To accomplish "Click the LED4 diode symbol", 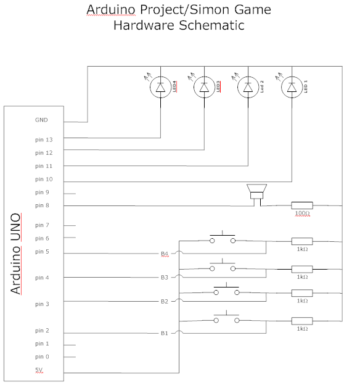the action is (x=160, y=87).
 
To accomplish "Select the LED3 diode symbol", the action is (x=204, y=87).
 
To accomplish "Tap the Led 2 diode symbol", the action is (x=248, y=87).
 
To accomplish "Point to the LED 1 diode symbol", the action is (x=292, y=87).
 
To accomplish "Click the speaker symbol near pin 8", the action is (x=256, y=192).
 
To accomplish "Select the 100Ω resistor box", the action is (x=302, y=205).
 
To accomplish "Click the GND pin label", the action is (x=41, y=120).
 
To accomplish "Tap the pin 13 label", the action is (x=44, y=139).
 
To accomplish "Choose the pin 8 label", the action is (x=42, y=205).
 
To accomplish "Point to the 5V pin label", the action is (x=39, y=370).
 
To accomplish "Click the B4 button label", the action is (x=165, y=254).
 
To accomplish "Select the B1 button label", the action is (x=165, y=333).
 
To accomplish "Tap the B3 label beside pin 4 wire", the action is (x=165, y=278).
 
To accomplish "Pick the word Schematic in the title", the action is (x=211, y=25).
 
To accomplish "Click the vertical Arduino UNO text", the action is (x=15, y=254).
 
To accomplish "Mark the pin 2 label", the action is (x=42, y=331).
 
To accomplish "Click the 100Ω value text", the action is (x=302, y=213).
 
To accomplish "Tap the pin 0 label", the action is (x=42, y=357).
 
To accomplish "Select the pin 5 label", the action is (x=42, y=252).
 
